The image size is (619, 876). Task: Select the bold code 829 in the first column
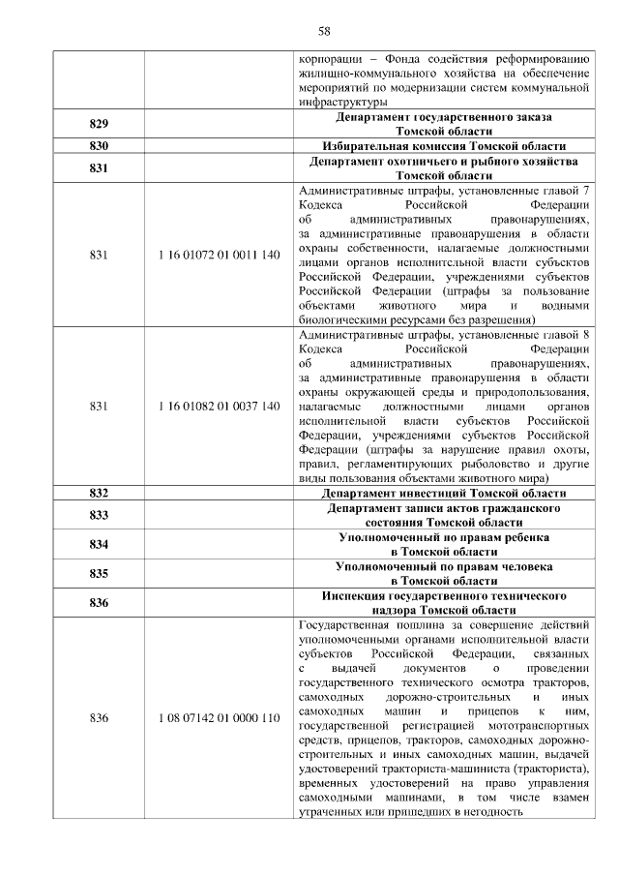[x=98, y=124]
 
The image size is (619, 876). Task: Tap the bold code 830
[x=98, y=145]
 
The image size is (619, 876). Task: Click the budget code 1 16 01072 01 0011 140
[x=218, y=254]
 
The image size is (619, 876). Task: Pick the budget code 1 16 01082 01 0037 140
[x=218, y=407]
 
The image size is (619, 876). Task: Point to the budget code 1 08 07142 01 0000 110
[x=218, y=718]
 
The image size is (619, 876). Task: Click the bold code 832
[x=98, y=493]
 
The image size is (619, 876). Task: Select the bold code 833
[x=98, y=515]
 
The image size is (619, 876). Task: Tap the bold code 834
[x=98, y=544]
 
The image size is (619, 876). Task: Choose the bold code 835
[x=98, y=573]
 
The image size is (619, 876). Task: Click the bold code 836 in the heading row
[x=98, y=603]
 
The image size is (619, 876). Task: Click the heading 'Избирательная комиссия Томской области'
[x=444, y=145]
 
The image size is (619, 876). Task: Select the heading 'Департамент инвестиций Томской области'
[x=444, y=493]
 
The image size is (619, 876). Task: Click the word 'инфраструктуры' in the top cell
[x=343, y=101]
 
